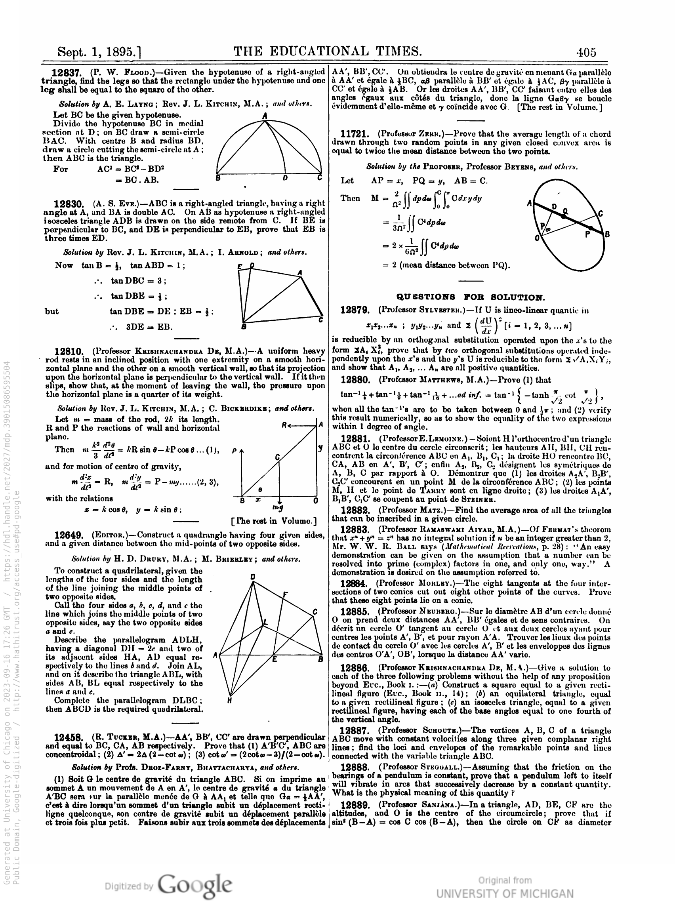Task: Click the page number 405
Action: [586, 52]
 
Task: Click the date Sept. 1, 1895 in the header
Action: [99, 52]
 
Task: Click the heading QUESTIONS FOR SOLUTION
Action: [470, 297]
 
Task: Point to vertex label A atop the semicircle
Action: [265, 116]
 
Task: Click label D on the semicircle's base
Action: [285, 178]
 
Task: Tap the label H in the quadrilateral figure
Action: [230, 700]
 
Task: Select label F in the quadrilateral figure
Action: [285, 595]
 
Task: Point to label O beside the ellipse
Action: [537, 238]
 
